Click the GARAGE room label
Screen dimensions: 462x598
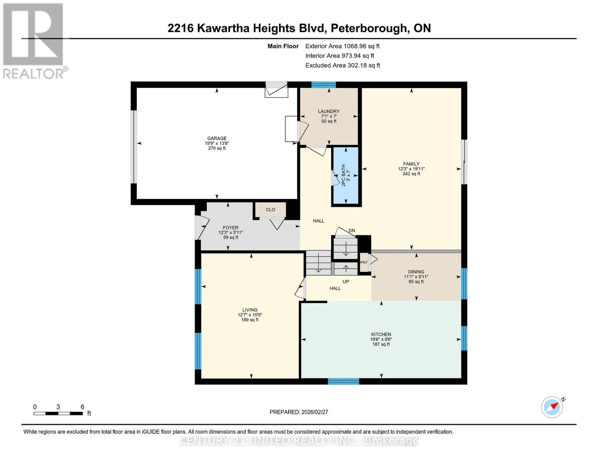tap(217, 139)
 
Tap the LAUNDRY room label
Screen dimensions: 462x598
tap(328, 112)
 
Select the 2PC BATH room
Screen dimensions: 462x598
tap(345, 176)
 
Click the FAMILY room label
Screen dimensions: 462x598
tap(411, 164)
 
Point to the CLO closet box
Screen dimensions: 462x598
tap(270, 210)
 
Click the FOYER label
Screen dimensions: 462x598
tap(230, 228)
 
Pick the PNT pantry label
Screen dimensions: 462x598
tap(363, 263)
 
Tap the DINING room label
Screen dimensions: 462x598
tap(416, 272)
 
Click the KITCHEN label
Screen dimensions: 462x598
tap(381, 335)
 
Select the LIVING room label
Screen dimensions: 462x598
tap(250, 310)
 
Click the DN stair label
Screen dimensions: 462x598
tap(352, 231)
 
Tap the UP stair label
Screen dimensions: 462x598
tap(345, 281)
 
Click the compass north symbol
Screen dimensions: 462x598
tap(552, 407)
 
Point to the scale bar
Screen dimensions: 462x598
tap(58, 413)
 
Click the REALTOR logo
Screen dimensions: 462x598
tap(34, 40)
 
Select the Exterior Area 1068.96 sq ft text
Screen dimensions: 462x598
tap(342, 46)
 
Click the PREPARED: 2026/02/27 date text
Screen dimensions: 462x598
tap(298, 412)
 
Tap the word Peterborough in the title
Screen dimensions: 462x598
tap(369, 28)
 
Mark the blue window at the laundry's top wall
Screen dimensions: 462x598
tap(323, 85)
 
